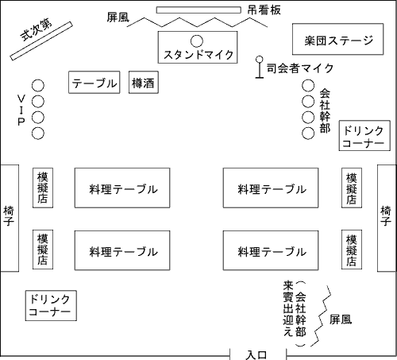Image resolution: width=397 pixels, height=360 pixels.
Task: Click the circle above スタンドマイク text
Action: point(197,41)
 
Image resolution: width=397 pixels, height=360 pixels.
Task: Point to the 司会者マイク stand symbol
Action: point(260,67)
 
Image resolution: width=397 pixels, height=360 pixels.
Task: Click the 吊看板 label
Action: point(264,10)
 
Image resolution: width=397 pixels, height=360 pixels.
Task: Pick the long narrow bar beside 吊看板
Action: point(198,10)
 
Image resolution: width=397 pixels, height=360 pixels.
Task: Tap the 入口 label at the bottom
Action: point(256,355)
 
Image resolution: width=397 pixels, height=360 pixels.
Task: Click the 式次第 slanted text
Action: point(37,29)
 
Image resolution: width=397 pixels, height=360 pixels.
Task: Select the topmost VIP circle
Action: point(38,86)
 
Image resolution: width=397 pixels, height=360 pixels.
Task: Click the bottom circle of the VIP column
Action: point(38,134)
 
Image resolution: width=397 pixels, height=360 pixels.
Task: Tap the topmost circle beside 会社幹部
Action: point(308,86)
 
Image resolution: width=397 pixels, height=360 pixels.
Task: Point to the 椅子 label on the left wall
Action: point(9,216)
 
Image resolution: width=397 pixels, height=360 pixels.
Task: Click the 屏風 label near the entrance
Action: point(341,319)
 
